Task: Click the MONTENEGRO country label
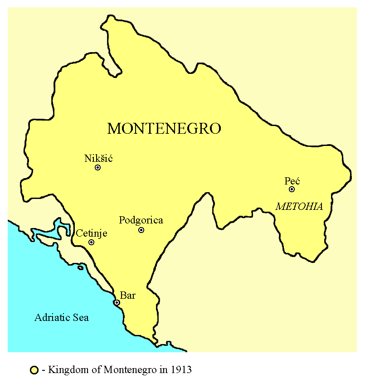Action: pos(164,129)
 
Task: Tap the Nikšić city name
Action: pos(98,158)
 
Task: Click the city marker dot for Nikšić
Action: pos(97,168)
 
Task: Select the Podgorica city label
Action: pos(141,221)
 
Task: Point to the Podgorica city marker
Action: pos(141,230)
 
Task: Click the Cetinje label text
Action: pos(92,233)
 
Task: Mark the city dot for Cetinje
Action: pos(91,242)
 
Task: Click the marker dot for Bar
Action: pos(117,302)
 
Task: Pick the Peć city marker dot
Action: pos(292,189)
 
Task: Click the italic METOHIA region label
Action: pos(299,207)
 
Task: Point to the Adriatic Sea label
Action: pos(62,317)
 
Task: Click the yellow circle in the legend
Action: pos(34,370)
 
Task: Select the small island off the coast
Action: pos(81,267)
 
